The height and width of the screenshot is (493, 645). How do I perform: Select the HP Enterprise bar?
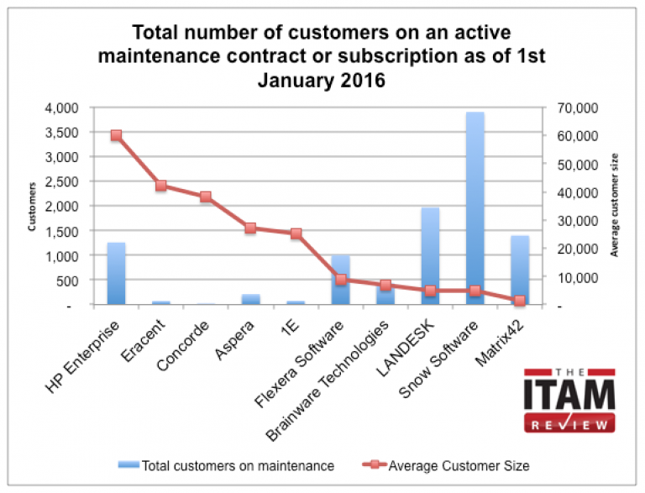click(116, 274)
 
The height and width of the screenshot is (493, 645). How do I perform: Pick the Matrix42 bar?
click(520, 270)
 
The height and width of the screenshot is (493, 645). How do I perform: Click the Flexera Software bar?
click(340, 280)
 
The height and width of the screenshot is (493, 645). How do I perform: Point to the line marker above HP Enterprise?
click(116, 135)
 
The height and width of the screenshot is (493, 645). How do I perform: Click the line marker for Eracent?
click(161, 186)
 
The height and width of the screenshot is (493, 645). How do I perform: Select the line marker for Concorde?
click(206, 197)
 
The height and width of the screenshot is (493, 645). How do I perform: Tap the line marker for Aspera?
click(250, 228)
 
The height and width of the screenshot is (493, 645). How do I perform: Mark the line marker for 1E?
click(296, 233)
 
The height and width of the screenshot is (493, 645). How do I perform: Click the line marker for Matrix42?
click(520, 301)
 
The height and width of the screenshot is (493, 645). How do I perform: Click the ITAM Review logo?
click(569, 401)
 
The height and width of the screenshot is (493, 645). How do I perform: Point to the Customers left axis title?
click(33, 207)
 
